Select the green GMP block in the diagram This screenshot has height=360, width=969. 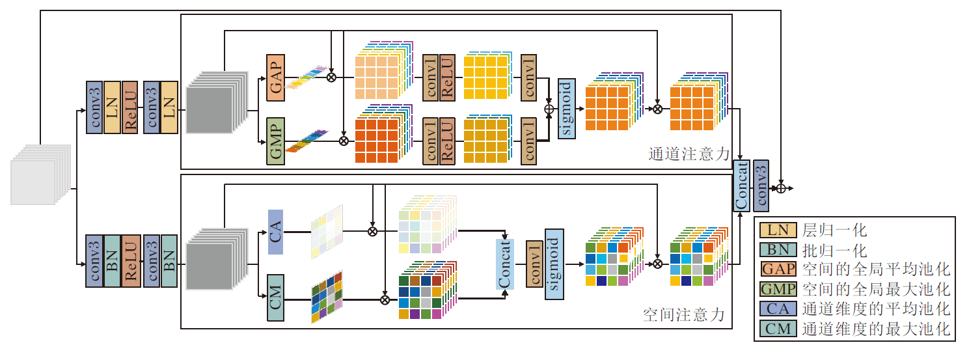pyautogui.click(x=276, y=141)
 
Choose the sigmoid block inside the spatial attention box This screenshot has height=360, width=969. pyautogui.click(x=554, y=264)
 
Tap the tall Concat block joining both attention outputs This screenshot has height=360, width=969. pyautogui.click(x=741, y=185)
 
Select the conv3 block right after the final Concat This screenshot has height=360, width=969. pyautogui.click(x=761, y=185)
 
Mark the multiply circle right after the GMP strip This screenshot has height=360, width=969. pyautogui.click(x=344, y=140)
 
